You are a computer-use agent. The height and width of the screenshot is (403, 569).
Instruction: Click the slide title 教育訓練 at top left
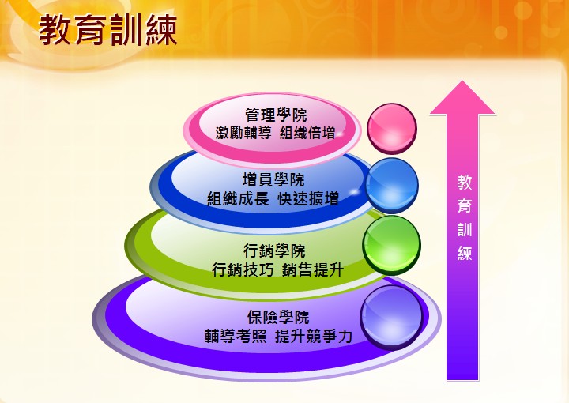(108, 30)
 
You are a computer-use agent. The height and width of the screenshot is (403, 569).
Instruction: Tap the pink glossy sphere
(392, 129)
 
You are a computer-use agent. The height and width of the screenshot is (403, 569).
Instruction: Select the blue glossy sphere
(392, 185)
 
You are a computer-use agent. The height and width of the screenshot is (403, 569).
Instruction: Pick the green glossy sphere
(391, 245)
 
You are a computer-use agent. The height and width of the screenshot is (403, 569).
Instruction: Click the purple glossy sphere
(391, 318)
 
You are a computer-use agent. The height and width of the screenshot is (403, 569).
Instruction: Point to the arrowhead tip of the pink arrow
(462, 81)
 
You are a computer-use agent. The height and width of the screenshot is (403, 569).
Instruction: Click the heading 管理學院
(276, 115)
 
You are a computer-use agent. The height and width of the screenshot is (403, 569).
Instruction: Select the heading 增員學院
(273, 180)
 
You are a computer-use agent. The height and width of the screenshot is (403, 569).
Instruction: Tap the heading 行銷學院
(274, 250)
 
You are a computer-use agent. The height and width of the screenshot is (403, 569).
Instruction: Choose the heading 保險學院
(278, 318)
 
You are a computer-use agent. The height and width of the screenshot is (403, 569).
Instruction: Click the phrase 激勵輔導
(243, 133)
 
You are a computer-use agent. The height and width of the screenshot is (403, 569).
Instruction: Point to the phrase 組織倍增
(307, 133)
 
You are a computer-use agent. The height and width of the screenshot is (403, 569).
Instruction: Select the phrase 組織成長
(238, 199)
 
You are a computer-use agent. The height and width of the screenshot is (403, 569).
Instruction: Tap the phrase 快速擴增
(308, 199)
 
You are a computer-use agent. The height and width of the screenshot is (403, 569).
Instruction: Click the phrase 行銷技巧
(243, 269)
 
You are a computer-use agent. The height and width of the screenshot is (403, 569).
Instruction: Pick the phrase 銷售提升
(312, 269)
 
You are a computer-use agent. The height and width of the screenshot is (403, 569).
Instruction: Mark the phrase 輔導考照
(236, 337)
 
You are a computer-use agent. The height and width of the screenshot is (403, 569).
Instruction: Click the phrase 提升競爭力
(314, 337)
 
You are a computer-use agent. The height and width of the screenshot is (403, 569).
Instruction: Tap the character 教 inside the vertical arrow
(465, 183)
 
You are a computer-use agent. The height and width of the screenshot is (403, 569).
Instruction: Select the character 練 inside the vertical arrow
(465, 253)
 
